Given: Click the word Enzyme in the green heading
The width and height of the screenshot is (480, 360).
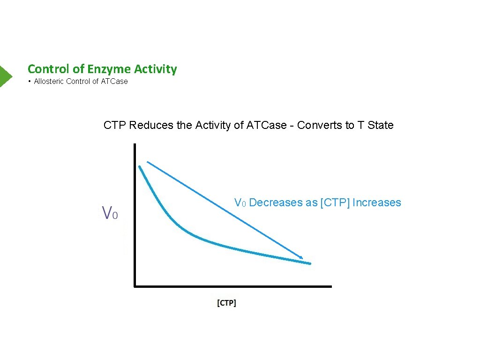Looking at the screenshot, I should (110, 69).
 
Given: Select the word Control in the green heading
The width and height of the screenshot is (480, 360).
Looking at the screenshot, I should (48, 69).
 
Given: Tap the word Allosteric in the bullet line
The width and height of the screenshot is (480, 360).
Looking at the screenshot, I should (49, 82).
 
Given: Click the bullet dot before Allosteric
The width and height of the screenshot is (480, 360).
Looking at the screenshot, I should (29, 82).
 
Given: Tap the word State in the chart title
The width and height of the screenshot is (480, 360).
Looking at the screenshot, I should (381, 125).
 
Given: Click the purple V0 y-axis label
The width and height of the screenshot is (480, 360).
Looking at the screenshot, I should (110, 214).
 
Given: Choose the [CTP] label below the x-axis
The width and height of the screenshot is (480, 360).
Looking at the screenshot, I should (226, 303).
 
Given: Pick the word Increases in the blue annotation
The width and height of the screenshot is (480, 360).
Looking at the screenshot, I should (376, 202).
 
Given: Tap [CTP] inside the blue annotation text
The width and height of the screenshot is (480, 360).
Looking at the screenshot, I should (335, 202).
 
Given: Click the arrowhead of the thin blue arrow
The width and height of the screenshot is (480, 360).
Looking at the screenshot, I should (301, 257).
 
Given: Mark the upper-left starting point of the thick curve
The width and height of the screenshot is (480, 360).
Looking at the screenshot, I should (140, 166).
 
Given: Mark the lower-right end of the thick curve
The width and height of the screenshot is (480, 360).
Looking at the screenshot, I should (309, 263).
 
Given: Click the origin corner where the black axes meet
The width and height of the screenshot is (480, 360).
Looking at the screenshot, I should (135, 285).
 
